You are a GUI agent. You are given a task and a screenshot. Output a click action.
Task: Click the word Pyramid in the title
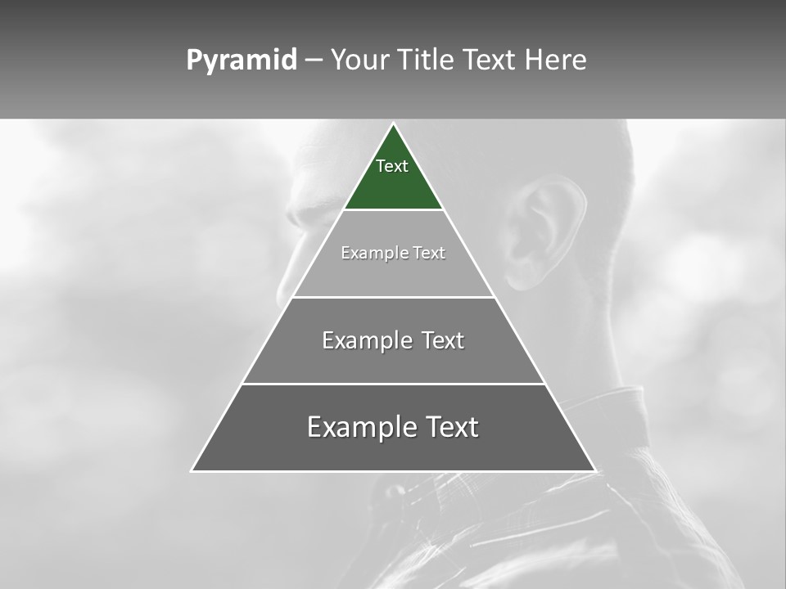[x=242, y=61]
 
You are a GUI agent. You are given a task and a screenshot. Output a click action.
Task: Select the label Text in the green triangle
[x=392, y=166]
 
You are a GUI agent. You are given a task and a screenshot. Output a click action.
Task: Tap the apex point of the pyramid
[x=393, y=125]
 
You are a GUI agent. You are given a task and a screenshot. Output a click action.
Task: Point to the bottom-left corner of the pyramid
[x=192, y=470]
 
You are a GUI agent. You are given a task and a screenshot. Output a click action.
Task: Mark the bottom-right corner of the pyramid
[x=594, y=470]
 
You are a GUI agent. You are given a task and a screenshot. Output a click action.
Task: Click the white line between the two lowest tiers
[x=393, y=384]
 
